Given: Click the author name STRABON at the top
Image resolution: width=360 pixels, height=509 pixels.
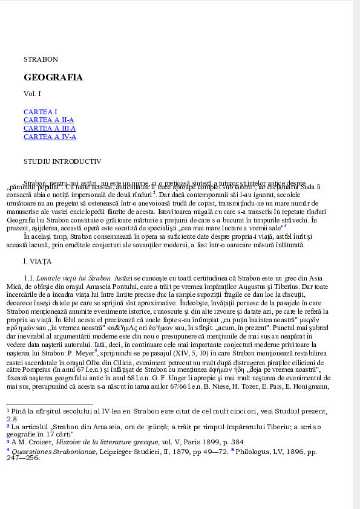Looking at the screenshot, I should pos(41,59).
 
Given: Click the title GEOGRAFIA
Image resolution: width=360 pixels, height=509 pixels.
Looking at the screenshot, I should pos(53,78).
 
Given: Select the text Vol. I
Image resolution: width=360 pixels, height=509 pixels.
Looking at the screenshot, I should pos(33,94).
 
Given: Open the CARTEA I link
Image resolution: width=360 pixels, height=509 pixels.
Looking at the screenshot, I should pos(41,112).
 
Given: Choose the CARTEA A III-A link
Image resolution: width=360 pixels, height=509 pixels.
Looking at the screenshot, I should pos(50,128).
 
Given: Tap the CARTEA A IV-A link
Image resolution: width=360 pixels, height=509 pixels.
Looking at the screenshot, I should pos(50,137).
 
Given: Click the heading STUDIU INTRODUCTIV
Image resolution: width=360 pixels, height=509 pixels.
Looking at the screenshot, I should pos(62,161).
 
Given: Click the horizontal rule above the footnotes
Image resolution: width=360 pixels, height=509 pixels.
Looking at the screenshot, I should pos(50,403).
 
